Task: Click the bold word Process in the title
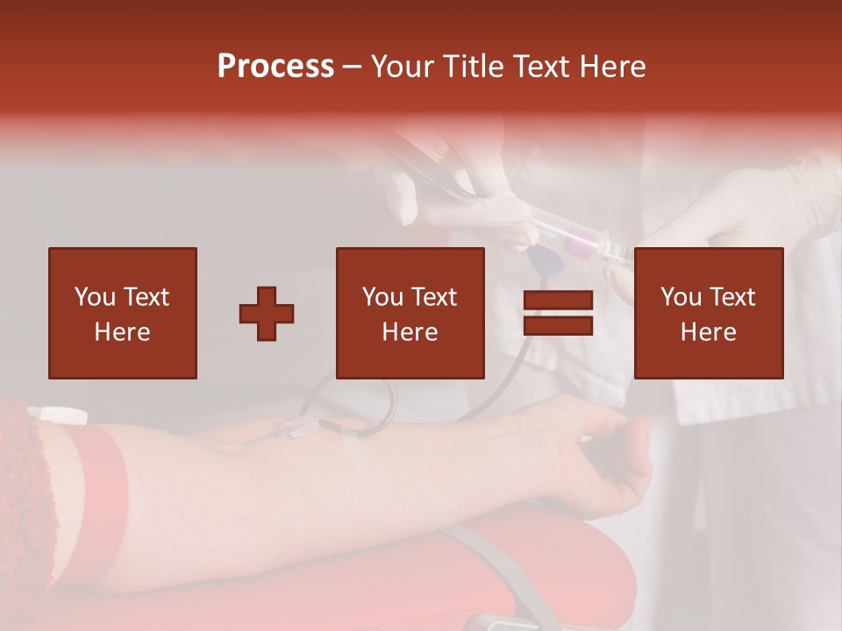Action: (275, 67)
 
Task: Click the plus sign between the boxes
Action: (267, 313)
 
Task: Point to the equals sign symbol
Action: (558, 313)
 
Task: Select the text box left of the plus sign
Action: (122, 313)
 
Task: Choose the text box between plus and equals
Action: (410, 313)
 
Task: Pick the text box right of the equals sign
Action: (708, 313)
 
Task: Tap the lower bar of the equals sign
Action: (558, 325)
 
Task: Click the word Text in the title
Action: (540, 67)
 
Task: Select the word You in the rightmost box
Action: (681, 297)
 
